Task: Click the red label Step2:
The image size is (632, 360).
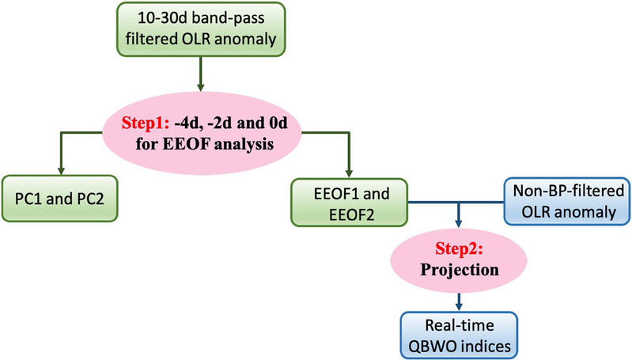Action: click(459, 248)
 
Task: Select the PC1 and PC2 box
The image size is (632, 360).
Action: click(59, 199)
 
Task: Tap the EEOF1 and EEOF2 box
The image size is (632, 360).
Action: click(349, 203)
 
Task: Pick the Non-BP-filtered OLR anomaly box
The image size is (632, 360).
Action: click(567, 201)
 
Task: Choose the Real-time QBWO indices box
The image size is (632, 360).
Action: click(459, 335)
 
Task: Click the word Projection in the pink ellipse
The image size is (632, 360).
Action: click(460, 270)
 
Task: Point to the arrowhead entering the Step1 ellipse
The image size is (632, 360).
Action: click(201, 87)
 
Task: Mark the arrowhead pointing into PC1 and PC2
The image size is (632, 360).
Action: click(60, 171)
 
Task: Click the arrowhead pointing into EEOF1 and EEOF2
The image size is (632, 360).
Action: click(349, 173)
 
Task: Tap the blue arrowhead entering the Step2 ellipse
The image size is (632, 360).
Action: click(458, 223)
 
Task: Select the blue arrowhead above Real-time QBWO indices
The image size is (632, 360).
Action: click(458, 307)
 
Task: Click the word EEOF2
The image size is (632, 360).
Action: click(352, 214)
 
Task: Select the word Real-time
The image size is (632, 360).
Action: click(460, 325)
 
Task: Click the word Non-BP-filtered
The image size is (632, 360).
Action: click(569, 191)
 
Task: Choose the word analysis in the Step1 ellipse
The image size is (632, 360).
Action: click(244, 144)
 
